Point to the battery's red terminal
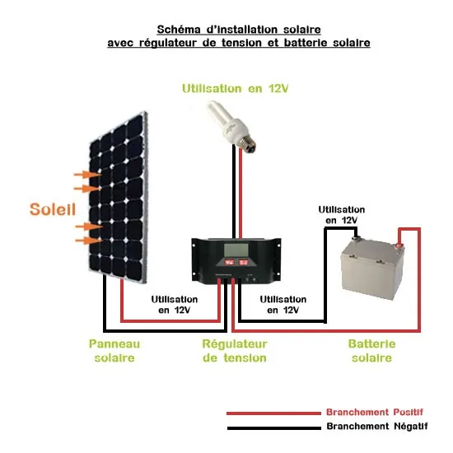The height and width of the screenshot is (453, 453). [x=402, y=241]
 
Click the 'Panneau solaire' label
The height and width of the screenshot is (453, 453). [x=114, y=350]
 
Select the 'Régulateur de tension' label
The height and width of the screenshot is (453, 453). [x=234, y=350]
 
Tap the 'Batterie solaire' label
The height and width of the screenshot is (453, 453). [x=371, y=350]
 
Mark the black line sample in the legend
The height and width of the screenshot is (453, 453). [x=272, y=427]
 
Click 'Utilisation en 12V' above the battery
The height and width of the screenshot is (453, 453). [x=341, y=215]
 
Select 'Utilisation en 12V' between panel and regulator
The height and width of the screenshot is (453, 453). [x=175, y=305]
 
